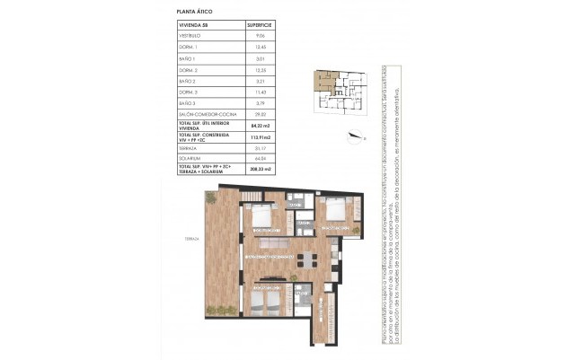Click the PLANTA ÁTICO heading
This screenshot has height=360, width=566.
point(193,10)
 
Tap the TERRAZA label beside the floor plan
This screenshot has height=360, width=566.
point(191,240)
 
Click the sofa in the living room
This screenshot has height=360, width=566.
point(270,242)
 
